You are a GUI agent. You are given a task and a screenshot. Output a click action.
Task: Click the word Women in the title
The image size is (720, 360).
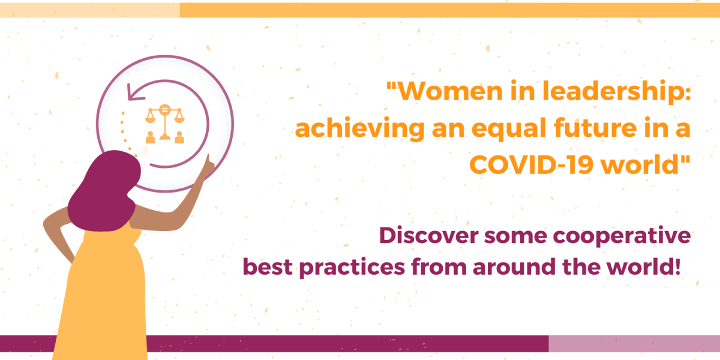pyautogui.click(x=451, y=92)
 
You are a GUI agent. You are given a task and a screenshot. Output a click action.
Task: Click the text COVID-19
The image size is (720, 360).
pyautogui.click(x=531, y=165)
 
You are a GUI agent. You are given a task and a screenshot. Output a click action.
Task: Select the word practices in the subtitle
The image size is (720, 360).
pyautogui.click(x=352, y=268)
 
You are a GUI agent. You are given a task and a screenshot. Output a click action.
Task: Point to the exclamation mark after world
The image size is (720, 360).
pyautogui.click(x=677, y=266)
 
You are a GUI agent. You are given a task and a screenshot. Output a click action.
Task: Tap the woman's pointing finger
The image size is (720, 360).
pyautogui.click(x=208, y=159)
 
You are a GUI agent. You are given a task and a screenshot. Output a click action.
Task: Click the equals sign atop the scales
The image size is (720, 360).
pyautogui.click(x=164, y=110)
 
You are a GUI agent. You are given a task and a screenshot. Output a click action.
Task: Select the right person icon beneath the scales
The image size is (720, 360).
pyautogui.click(x=179, y=137)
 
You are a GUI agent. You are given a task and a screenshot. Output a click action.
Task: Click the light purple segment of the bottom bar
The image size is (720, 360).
pyautogui.click(x=634, y=343)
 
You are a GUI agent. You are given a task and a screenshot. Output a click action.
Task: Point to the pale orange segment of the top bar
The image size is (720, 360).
pyautogui.click(x=89, y=10)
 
